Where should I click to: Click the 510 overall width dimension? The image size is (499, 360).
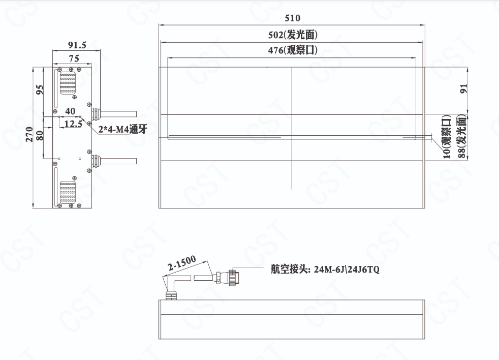click(292, 18)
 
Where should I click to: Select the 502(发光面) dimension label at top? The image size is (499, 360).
click(293, 35)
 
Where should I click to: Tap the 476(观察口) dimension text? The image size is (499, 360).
click(293, 50)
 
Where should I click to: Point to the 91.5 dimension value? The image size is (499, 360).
click(77, 45)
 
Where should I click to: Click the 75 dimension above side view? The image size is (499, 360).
click(74, 58)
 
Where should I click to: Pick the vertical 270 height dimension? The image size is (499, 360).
click(29, 134)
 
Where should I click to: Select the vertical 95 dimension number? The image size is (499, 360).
click(40, 89)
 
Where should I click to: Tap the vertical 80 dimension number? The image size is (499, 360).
click(40, 135)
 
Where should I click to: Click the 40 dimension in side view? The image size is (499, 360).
click(70, 111)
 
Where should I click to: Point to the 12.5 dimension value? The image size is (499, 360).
click(73, 124)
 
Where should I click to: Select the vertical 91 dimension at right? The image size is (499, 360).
click(464, 88)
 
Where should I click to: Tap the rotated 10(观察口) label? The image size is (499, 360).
click(447, 137)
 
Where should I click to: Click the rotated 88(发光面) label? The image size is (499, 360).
click(462, 137)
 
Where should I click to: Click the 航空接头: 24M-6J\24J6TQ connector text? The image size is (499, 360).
click(325, 269)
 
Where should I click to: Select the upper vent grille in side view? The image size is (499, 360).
click(68, 83)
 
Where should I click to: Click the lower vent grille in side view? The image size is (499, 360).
click(68, 192)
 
